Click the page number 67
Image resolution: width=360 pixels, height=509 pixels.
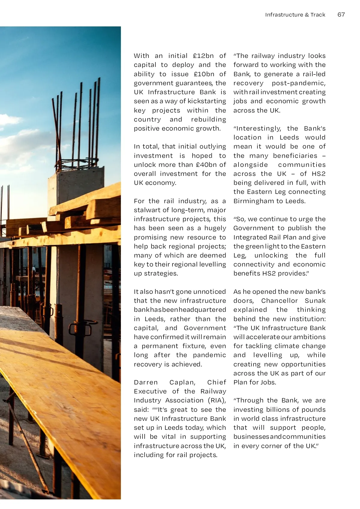(x=341, y=14)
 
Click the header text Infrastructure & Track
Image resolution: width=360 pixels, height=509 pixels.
(x=295, y=15)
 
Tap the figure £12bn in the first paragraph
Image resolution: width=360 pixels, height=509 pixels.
(x=203, y=56)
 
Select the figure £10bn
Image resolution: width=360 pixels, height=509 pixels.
(x=204, y=74)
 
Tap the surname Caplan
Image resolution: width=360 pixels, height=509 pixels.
(x=182, y=382)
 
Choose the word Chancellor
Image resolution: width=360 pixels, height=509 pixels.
(x=279, y=301)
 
